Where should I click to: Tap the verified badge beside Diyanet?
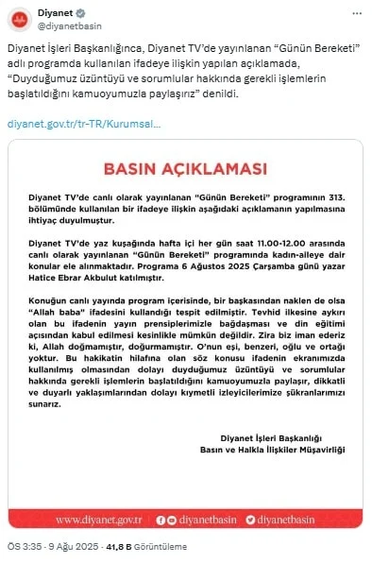tap(79, 12)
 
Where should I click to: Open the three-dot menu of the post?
tap(357, 13)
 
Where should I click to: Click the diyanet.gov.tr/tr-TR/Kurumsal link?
tap(84, 124)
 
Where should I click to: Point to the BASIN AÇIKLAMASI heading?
tap(185, 169)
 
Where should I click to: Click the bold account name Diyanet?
tap(54, 12)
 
